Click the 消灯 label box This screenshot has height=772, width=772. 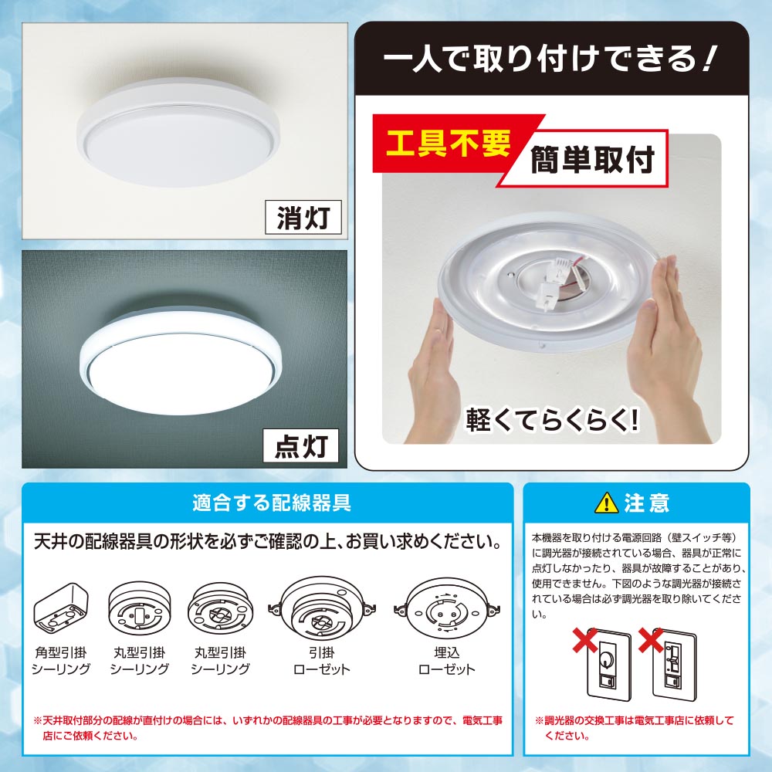pos(303,217)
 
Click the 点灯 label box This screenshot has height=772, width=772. pos(301,445)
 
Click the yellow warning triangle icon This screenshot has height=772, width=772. pos(607,503)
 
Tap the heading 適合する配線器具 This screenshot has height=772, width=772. pos(271,503)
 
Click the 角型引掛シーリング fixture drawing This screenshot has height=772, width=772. pos(60,609)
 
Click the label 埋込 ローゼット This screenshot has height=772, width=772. pos(446,661)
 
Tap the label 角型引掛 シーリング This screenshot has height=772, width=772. pos(60,661)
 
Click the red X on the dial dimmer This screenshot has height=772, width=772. pos(585,640)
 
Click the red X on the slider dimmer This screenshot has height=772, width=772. pos(651,640)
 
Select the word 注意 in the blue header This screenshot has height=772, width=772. pos(646,503)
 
